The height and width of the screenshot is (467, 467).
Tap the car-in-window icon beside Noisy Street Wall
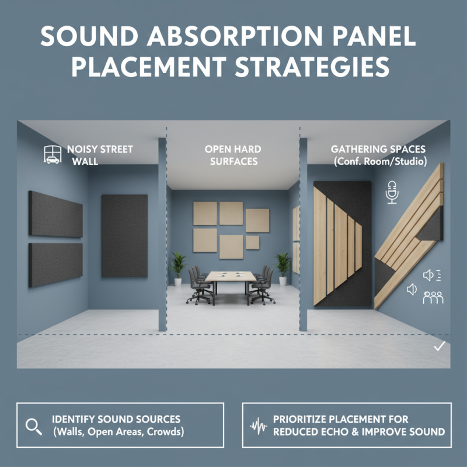tap(53, 155)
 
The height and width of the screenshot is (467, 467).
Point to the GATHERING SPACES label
tap(378, 149)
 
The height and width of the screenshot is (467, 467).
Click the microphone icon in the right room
tap(392, 192)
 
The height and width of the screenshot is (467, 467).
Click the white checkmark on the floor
tap(440, 347)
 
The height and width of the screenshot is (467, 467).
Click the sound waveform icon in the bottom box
tap(258, 426)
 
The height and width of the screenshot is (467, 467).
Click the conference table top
tap(229, 276)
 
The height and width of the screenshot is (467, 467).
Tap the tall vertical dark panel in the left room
tap(124, 235)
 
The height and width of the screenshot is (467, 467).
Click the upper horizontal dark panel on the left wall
tap(55, 214)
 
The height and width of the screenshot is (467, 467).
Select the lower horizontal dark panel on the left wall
tap(55, 264)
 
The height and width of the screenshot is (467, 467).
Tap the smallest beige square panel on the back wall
tap(253, 242)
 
